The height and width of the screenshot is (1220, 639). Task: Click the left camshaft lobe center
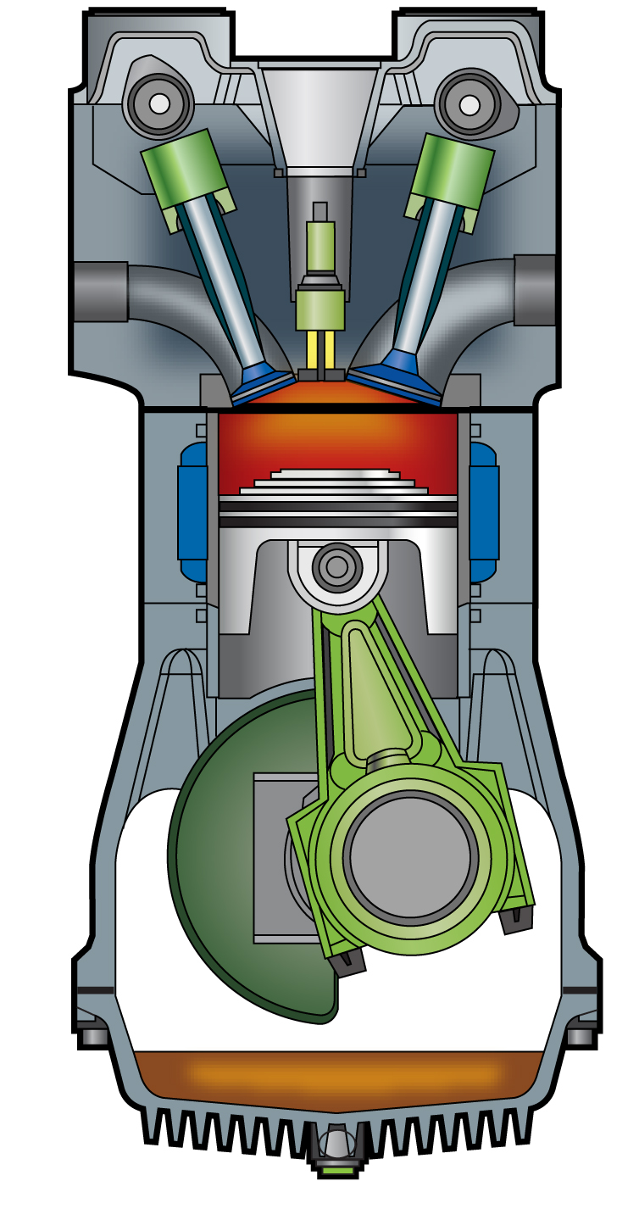(x=159, y=103)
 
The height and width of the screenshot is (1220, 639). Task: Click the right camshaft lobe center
(x=470, y=105)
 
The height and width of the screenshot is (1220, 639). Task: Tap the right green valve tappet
(x=451, y=171)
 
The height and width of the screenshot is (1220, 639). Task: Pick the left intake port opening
(x=100, y=292)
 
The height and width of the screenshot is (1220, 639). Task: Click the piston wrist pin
(x=337, y=566)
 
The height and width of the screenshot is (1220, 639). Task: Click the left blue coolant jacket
(x=193, y=512)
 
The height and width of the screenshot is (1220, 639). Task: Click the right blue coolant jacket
(x=484, y=512)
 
